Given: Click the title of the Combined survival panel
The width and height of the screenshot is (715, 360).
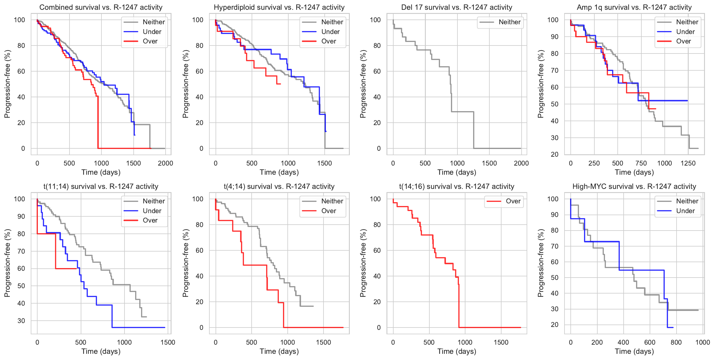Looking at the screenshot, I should (101, 7).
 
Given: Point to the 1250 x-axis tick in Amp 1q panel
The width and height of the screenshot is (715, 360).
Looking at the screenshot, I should (688, 163).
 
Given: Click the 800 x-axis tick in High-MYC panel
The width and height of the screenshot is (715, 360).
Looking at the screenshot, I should (676, 342).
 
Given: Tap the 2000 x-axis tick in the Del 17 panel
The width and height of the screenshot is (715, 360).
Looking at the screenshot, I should (521, 163).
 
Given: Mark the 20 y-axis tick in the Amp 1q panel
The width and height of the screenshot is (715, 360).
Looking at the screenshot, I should (554, 154).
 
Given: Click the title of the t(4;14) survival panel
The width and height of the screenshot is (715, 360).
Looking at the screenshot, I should (279, 187).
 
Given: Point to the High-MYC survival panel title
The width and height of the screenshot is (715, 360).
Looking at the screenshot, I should (634, 187).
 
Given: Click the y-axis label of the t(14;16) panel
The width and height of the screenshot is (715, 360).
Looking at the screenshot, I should (363, 263).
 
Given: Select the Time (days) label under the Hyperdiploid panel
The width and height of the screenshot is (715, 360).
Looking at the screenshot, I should (279, 172).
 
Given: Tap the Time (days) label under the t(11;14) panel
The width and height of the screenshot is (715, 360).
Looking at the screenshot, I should (101, 351).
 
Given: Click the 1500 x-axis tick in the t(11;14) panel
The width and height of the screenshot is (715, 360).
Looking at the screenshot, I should (168, 342).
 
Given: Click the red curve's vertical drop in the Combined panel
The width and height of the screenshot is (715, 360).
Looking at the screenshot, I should (98, 123).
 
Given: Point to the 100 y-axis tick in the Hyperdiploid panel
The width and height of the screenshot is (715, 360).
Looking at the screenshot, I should (198, 20).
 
